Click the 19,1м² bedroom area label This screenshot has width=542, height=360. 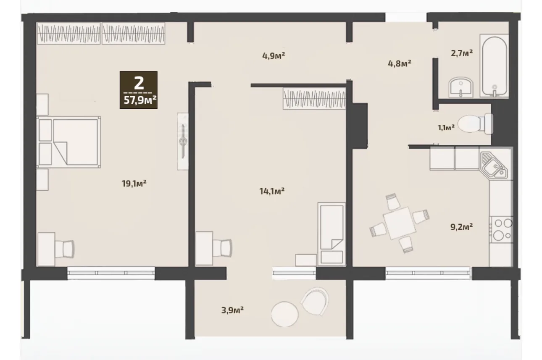click(134, 184)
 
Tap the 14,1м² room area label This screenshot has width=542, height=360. click(272, 192)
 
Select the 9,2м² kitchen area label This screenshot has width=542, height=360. click(461, 227)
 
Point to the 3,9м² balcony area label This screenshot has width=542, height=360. click(232, 310)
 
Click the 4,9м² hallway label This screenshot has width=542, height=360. click(274, 56)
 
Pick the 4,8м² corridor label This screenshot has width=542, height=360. click(400, 63)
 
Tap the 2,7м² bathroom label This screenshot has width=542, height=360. click(462, 53)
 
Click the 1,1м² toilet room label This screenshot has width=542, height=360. click(446, 128)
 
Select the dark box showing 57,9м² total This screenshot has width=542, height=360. click(139, 90)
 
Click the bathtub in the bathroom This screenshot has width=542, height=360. click(494, 66)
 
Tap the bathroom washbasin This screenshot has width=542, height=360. click(460, 87)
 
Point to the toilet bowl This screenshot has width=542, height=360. click(475, 124)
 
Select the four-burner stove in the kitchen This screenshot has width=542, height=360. click(501, 230)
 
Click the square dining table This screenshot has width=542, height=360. click(399, 223)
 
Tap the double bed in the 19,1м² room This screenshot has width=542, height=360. click(68, 142)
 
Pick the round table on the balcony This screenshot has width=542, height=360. click(285, 314)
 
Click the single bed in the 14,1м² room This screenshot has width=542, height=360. click(332, 234)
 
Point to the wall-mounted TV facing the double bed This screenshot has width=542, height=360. click(183, 141)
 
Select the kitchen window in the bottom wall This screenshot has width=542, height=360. click(428, 273)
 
